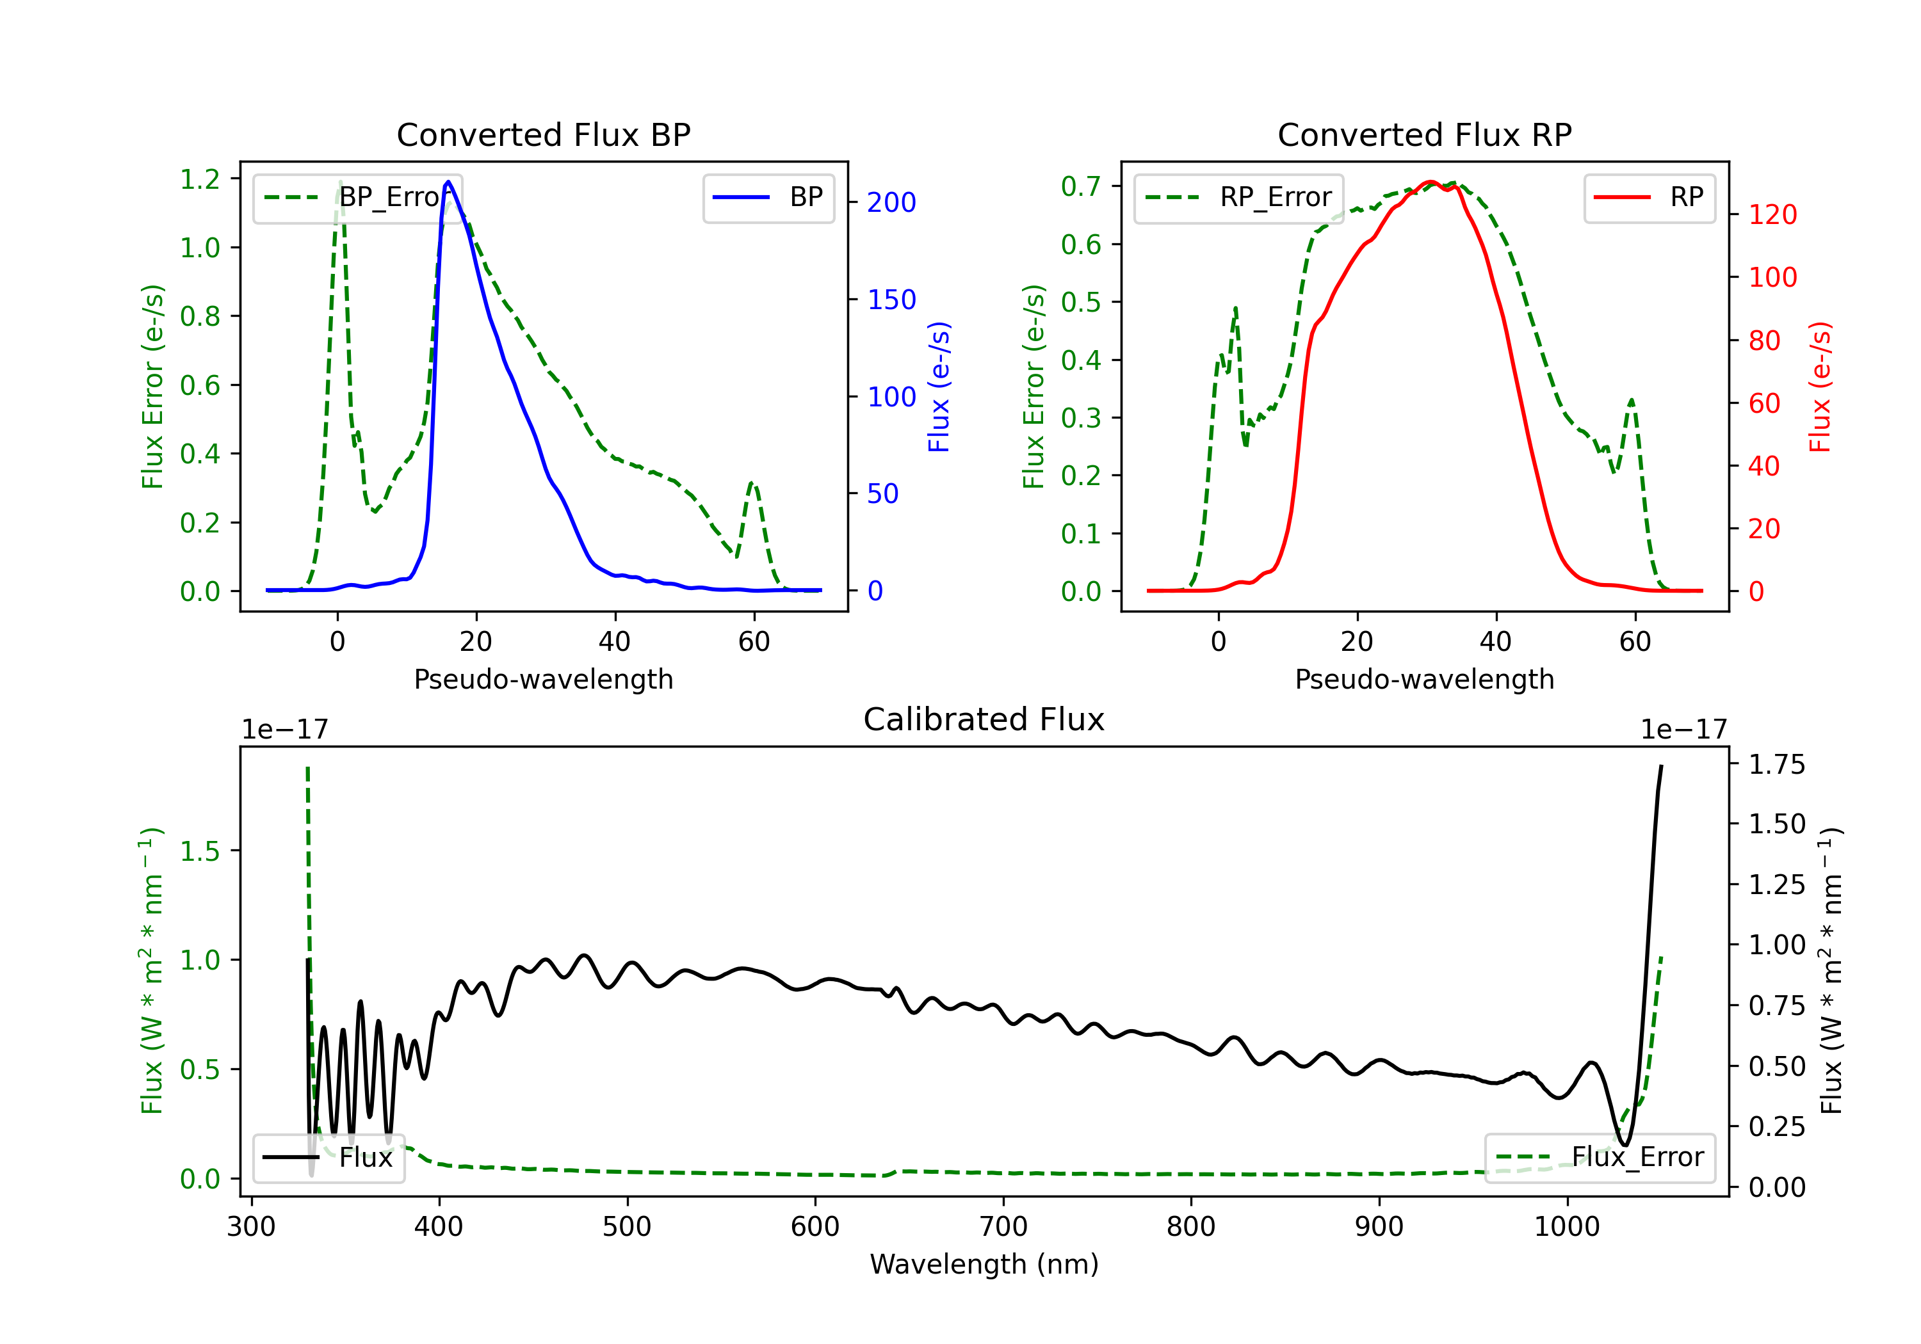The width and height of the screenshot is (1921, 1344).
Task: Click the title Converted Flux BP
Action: point(543,134)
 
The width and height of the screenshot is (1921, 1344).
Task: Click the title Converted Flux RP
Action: point(1424,134)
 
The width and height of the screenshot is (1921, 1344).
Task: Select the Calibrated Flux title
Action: point(984,719)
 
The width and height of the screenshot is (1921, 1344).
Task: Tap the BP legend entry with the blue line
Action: point(768,197)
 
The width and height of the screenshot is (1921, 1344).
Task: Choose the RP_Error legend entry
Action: point(1238,197)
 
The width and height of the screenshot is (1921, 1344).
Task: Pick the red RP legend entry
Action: point(1649,197)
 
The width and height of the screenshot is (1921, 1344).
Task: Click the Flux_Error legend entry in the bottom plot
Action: point(1600,1158)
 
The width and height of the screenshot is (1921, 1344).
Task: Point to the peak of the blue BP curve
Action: point(448,182)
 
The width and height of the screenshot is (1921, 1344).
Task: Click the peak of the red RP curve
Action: point(1430,182)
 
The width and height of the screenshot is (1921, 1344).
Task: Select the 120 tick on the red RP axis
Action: point(1772,215)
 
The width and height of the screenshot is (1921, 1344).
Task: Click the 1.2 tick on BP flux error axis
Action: point(200,179)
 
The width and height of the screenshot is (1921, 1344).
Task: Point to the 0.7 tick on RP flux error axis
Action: point(1081,186)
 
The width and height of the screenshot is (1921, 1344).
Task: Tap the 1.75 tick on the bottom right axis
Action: point(1777,764)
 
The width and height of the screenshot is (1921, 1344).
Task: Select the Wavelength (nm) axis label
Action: point(984,1264)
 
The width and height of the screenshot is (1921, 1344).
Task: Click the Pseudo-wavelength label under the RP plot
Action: point(1424,679)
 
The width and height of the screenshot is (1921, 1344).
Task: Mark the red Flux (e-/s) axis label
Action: point(1820,387)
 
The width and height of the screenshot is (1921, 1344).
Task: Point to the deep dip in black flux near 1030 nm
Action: point(1625,1144)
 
